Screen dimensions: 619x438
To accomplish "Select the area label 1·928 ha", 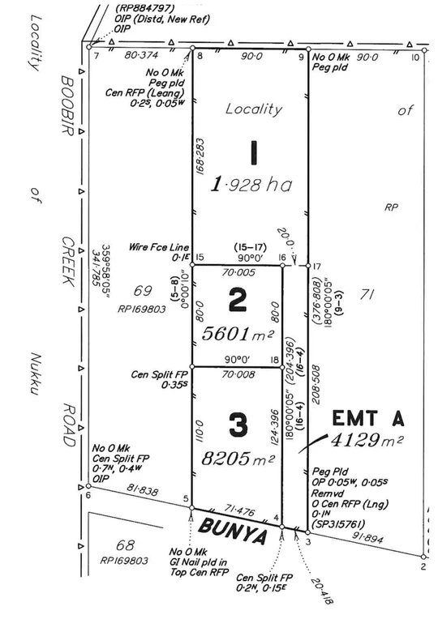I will pyautogui.click(x=250, y=186).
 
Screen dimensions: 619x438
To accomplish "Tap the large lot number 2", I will pyautogui.click(x=237, y=301).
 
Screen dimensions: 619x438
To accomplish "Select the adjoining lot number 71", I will pyautogui.click(x=366, y=295).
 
